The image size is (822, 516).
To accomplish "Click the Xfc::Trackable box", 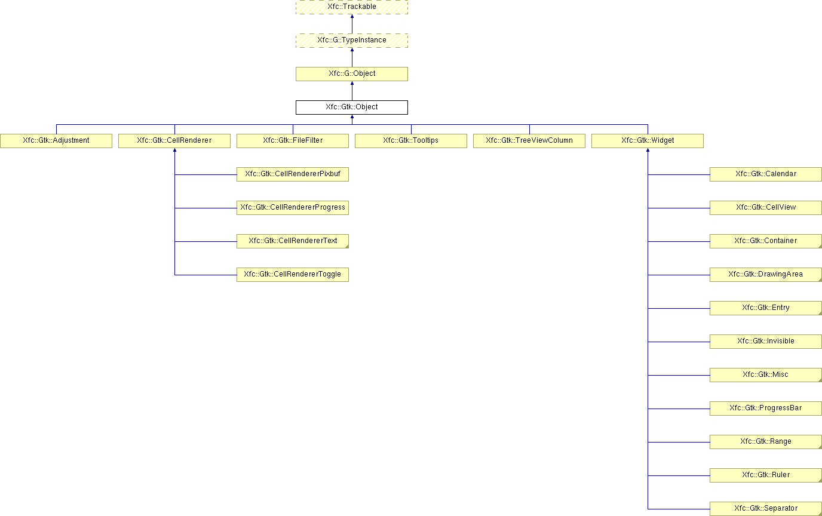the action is pyautogui.click(x=351, y=7).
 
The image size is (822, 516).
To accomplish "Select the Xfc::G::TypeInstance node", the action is pyautogui.click(x=351, y=41).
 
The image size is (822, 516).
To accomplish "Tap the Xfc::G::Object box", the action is pyautogui.click(x=351, y=73).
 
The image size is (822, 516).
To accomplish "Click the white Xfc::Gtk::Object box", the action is pyautogui.click(x=351, y=107).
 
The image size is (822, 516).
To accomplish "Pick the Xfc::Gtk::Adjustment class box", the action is pyautogui.click(x=56, y=141).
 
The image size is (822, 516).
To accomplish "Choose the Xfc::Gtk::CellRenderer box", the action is pyautogui.click(x=174, y=141).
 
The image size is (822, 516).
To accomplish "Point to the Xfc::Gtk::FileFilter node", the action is pyautogui.click(x=293, y=141).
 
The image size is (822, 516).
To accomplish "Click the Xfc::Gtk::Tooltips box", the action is pyautogui.click(x=411, y=141).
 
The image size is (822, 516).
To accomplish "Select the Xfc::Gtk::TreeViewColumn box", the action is pyautogui.click(x=529, y=141).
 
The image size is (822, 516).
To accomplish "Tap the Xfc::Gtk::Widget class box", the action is pyautogui.click(x=648, y=141).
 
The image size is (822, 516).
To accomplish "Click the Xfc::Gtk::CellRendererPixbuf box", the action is pyautogui.click(x=293, y=174).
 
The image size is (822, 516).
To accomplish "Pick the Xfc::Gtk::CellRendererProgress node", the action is pyautogui.click(x=293, y=208).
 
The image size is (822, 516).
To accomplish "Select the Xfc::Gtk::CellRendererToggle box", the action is pyautogui.click(x=293, y=275).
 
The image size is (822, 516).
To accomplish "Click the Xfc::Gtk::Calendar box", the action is pyautogui.click(x=766, y=174).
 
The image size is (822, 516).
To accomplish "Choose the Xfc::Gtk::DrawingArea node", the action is pyautogui.click(x=766, y=275).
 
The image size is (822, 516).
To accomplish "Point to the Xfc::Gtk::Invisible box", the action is pyautogui.click(x=766, y=342).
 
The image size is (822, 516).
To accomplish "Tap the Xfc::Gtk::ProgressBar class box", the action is pyautogui.click(x=766, y=408).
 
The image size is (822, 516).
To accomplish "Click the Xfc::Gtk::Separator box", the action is pyautogui.click(x=766, y=509).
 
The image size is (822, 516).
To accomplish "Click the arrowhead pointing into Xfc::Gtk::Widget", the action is pyautogui.click(x=648, y=150).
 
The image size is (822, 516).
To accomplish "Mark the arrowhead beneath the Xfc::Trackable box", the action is pyautogui.click(x=352, y=16).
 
